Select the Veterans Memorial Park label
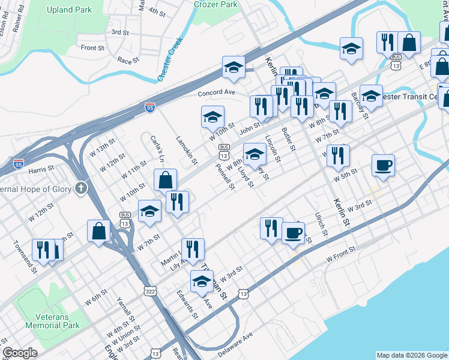pos(52,321)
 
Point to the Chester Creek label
pos(169,61)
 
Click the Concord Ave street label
pos(216,93)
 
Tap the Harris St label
pos(42,167)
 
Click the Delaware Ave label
pos(236,345)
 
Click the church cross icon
pos(81,189)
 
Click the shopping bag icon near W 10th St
pos(165,179)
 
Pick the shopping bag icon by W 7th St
pos(98,230)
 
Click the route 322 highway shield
pos(149,291)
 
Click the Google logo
pos(19,353)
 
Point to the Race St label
pos(128,61)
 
